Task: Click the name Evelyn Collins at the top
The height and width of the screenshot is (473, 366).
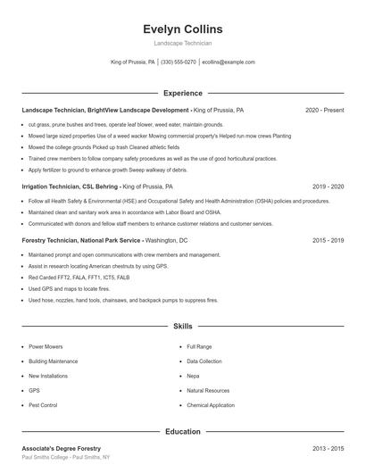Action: tap(182, 29)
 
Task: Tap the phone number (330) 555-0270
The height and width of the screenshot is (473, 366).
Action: tap(179, 62)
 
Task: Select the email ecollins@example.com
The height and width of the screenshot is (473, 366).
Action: tap(228, 62)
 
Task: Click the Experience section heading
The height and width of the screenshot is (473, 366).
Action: tap(182, 93)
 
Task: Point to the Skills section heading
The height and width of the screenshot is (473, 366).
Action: tap(182, 327)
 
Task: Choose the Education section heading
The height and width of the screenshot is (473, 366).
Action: tap(182, 432)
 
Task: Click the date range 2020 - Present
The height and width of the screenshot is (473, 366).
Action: tap(324, 110)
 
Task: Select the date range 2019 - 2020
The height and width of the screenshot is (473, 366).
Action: tap(328, 187)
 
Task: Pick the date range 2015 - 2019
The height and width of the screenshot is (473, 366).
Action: tap(328, 240)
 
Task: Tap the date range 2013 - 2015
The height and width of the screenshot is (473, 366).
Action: tap(328, 448)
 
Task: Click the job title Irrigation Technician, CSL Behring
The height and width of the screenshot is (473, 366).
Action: tap(70, 187)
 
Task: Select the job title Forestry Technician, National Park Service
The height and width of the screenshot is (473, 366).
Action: tap(81, 240)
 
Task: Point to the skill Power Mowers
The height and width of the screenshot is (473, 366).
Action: tap(46, 346)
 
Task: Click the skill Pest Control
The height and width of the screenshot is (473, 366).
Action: tap(43, 405)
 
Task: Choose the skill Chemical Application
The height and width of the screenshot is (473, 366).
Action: tap(210, 405)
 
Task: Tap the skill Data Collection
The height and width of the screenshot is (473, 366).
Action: tap(204, 361)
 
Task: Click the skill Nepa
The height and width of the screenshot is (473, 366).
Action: tap(194, 376)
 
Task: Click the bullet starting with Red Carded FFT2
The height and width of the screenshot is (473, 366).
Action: tap(73, 278)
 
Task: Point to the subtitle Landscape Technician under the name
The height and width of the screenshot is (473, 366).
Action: tap(182, 43)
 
